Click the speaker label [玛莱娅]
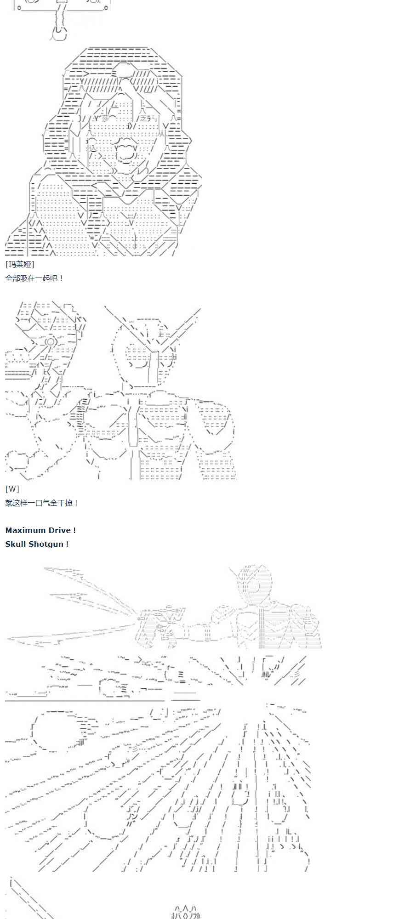[20, 264]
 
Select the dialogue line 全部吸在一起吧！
[34, 278]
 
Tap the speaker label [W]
[12, 489]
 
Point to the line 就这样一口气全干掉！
[42, 503]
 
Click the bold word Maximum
[25, 530]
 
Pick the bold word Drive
[59, 530]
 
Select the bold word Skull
[16, 544]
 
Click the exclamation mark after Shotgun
[67, 544]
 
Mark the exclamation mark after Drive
[74, 530]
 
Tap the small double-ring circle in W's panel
[50, 341]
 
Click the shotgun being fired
[161, 625]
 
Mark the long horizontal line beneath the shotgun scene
[85, 701]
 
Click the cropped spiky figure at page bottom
[186, 913]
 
